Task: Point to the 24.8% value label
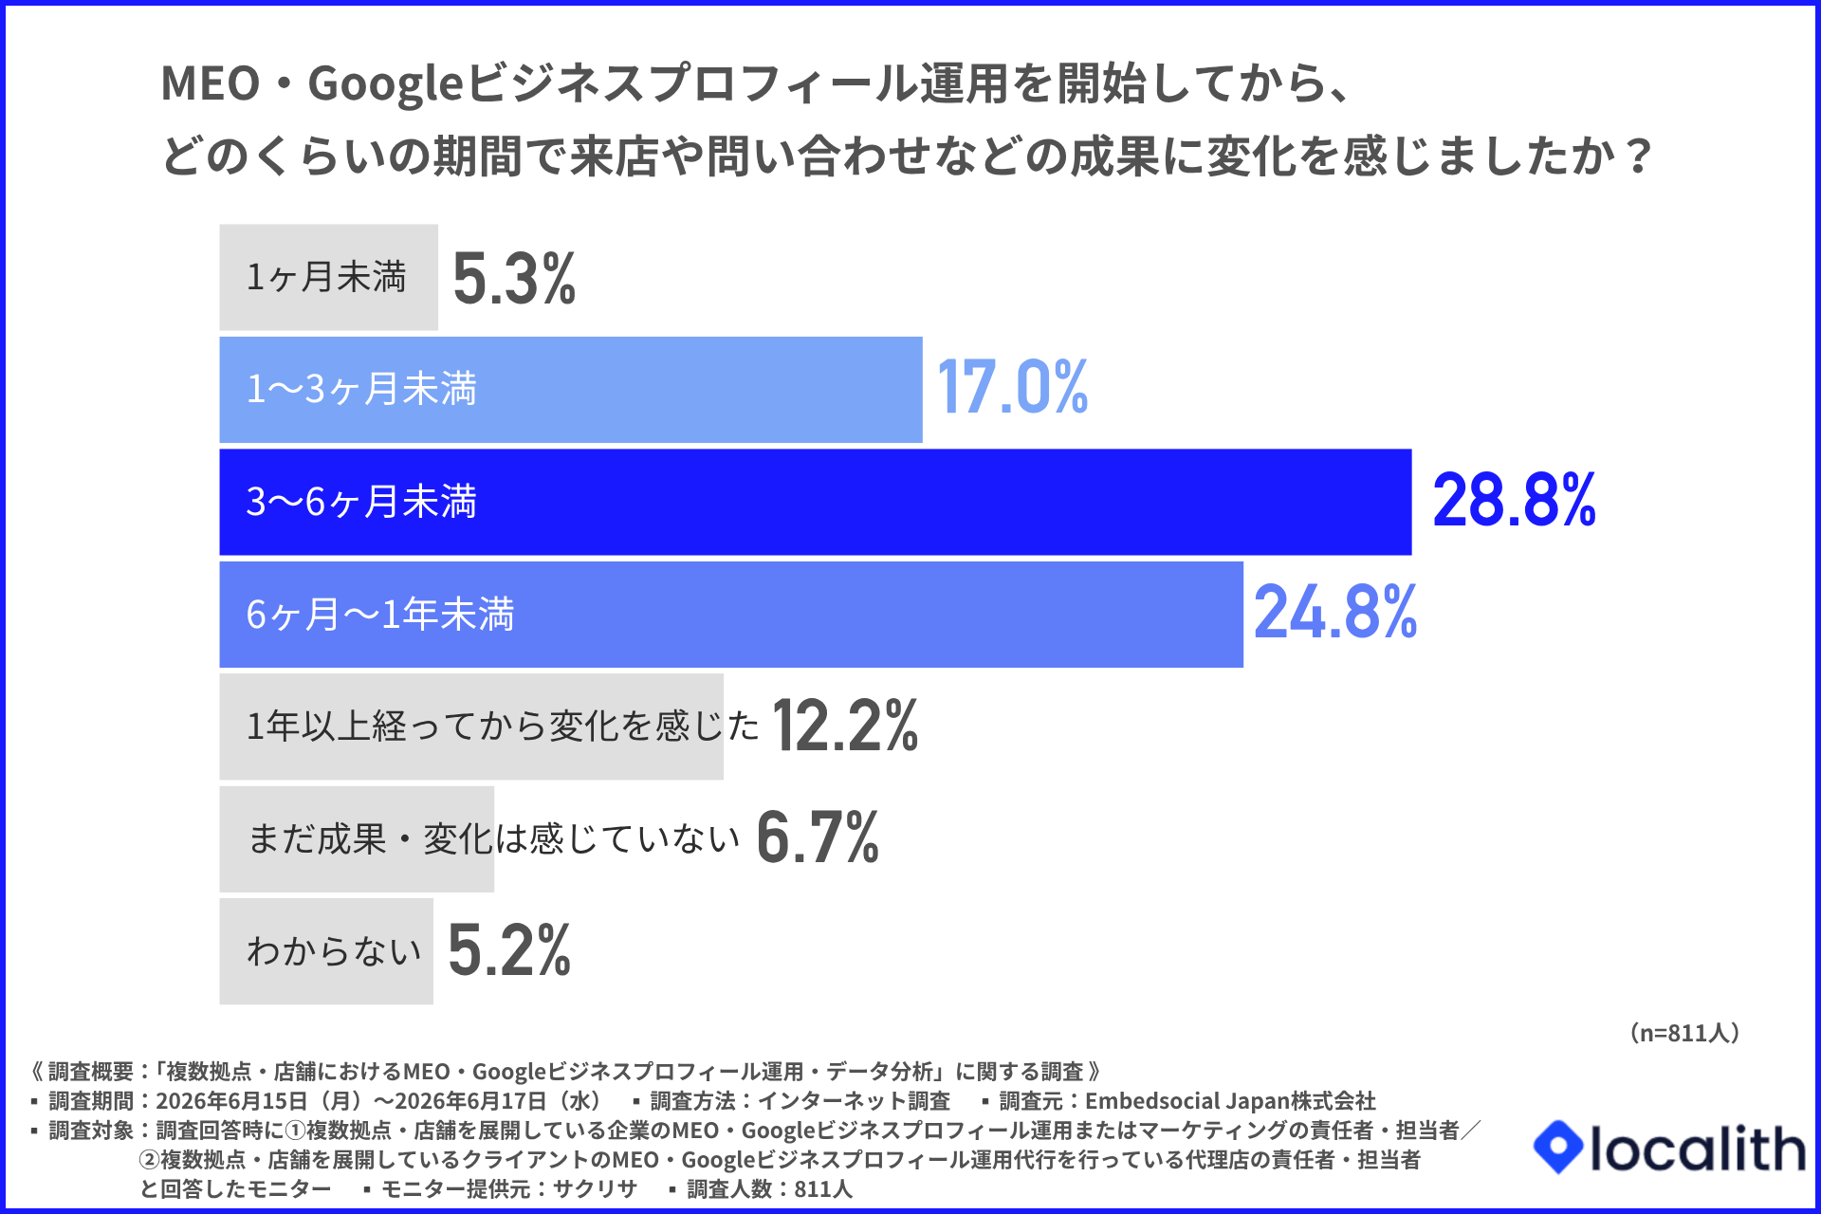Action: point(1335,612)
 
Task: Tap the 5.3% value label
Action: point(514,278)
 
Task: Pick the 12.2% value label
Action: point(845,726)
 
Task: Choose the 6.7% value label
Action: point(818,837)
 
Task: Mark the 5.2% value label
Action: point(509,949)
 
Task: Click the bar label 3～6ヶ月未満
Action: point(361,502)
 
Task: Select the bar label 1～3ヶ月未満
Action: point(361,389)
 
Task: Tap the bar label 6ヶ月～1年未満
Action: point(380,614)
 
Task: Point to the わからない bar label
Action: point(334,950)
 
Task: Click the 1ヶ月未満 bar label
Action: point(326,277)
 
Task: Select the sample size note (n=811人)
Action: point(1684,1033)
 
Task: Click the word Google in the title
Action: point(384,84)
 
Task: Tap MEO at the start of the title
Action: point(211,83)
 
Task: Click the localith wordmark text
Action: point(1698,1149)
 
